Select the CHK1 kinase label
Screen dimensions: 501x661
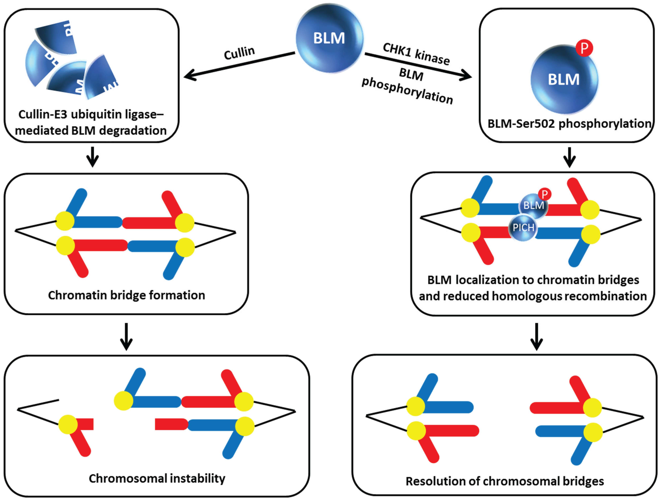click(416, 54)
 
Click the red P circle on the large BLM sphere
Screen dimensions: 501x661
click(584, 48)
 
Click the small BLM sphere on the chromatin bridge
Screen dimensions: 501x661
click(534, 205)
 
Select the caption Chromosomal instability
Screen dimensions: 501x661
click(157, 478)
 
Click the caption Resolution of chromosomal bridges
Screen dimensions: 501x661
click(505, 481)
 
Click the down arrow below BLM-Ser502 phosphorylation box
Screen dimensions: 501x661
click(570, 158)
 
